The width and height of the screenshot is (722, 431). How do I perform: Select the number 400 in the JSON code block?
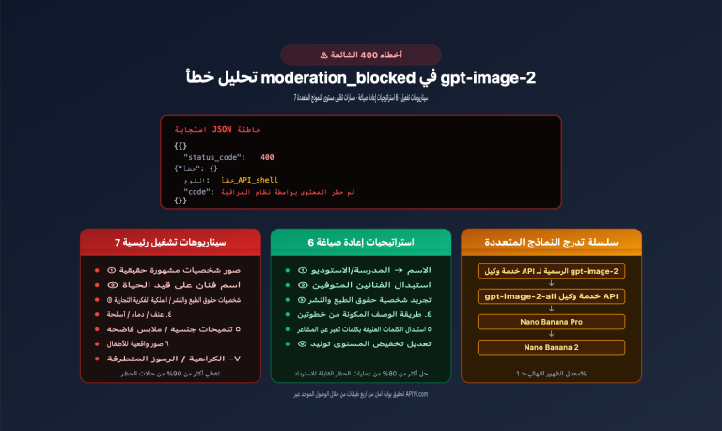tap(267, 156)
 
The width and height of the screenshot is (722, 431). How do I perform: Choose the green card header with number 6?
tap(360, 242)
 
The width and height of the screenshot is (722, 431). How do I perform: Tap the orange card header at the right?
tap(551, 242)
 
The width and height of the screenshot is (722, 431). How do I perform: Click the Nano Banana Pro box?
tap(551, 322)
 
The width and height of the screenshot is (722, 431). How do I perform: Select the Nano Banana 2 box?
tap(551, 347)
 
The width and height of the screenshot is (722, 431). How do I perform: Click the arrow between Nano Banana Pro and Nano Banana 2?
tap(551, 335)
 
